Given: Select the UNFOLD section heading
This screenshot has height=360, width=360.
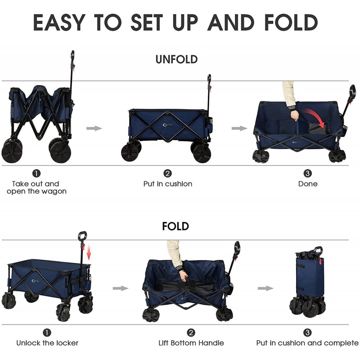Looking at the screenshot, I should pyautogui.click(x=176, y=59).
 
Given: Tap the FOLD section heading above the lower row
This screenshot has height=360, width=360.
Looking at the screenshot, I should pyautogui.click(x=175, y=226).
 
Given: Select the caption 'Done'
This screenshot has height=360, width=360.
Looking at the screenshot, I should pyautogui.click(x=308, y=184).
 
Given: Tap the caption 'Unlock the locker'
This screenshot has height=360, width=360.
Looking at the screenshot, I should pyautogui.click(x=47, y=343).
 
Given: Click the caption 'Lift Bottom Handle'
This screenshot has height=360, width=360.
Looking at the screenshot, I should pyautogui.click(x=191, y=343).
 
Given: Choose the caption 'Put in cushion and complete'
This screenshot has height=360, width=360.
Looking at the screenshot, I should pyautogui.click(x=307, y=343).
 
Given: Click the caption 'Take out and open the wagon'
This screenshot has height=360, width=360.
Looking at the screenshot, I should pyautogui.click(x=36, y=187).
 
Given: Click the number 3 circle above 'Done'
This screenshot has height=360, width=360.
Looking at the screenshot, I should pyautogui.click(x=308, y=173).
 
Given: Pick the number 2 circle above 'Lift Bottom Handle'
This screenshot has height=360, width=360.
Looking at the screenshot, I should pyautogui.click(x=191, y=333).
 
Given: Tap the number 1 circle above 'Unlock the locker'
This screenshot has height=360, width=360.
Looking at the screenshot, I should pyautogui.click(x=47, y=333).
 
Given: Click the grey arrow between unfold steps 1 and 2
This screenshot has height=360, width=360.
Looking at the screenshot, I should pyautogui.click(x=94, y=128).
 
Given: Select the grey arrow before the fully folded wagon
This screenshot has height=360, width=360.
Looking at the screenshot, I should pyautogui.click(x=265, y=288).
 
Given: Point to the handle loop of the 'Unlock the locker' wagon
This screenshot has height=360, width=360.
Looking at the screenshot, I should pyautogui.click(x=82, y=236).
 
